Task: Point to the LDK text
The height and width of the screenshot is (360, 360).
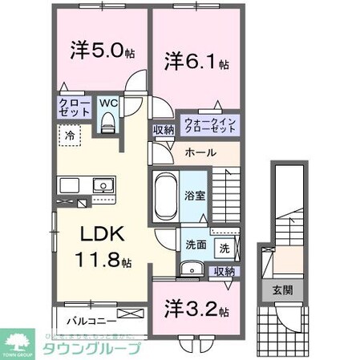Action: [x=101, y=236]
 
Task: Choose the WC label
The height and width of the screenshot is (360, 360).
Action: [x=107, y=103]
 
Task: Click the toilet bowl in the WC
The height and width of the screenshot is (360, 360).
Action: [x=107, y=121]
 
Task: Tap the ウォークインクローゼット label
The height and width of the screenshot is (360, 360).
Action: [x=209, y=123]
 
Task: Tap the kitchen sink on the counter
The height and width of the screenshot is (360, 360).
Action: [x=103, y=188]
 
